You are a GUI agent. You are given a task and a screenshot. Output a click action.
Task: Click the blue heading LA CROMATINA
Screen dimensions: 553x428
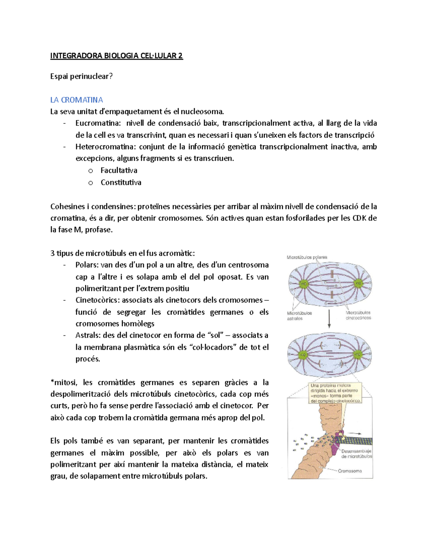click(x=76, y=100)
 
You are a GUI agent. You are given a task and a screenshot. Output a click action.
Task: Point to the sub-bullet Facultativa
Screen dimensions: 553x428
click(x=119, y=170)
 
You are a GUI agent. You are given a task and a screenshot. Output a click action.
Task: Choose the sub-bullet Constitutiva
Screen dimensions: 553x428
click(x=121, y=182)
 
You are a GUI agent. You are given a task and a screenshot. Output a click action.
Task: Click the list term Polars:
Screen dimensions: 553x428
click(x=87, y=265)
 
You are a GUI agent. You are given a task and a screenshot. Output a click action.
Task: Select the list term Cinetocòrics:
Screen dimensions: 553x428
click(x=97, y=300)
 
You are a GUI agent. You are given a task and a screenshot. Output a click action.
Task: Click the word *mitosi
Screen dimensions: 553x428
click(x=63, y=382)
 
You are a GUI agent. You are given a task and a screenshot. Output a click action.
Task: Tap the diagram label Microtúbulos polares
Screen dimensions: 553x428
click(x=307, y=257)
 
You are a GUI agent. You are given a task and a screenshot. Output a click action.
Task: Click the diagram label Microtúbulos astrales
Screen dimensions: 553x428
click(x=299, y=316)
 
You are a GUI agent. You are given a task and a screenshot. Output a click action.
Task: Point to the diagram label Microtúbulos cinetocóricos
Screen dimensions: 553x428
click(x=358, y=315)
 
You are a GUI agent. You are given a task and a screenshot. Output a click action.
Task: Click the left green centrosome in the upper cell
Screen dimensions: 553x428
click(x=304, y=284)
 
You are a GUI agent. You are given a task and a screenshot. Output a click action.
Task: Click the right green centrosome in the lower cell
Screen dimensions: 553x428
click(x=358, y=355)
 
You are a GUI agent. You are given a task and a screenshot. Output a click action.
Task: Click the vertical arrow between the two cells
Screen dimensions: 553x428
click(x=329, y=319)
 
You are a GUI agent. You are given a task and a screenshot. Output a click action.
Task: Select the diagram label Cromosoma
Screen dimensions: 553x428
click(x=350, y=471)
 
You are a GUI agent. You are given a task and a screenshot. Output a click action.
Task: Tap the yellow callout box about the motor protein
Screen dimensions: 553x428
click(x=336, y=393)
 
